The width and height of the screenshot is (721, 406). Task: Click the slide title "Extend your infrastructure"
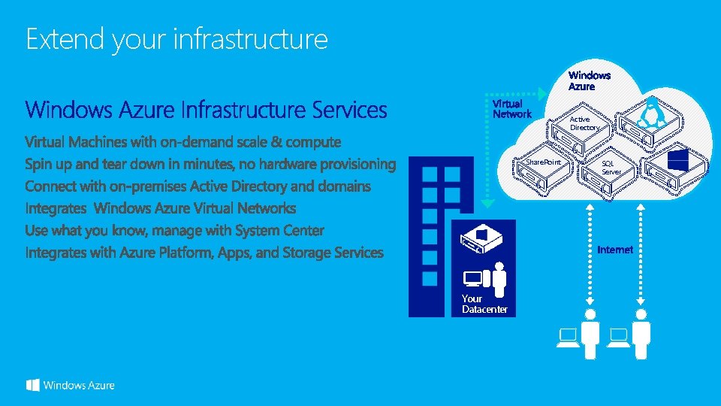pos(176,39)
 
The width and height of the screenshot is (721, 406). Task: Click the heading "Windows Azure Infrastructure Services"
pos(207,111)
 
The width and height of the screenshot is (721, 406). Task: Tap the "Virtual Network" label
pos(511,109)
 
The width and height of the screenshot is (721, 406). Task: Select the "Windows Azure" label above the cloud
pos(590,80)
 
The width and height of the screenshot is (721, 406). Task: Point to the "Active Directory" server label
pos(584,123)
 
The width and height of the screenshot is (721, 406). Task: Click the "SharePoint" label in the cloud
pos(543,162)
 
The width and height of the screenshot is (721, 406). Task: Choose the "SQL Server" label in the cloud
pos(611,167)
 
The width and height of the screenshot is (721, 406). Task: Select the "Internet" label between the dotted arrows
pos(615,250)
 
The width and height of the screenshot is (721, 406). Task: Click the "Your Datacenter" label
pos(484,304)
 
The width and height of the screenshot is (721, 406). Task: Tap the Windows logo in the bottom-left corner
pos(33,385)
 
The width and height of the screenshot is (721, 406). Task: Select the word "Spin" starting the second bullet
pos(40,164)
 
